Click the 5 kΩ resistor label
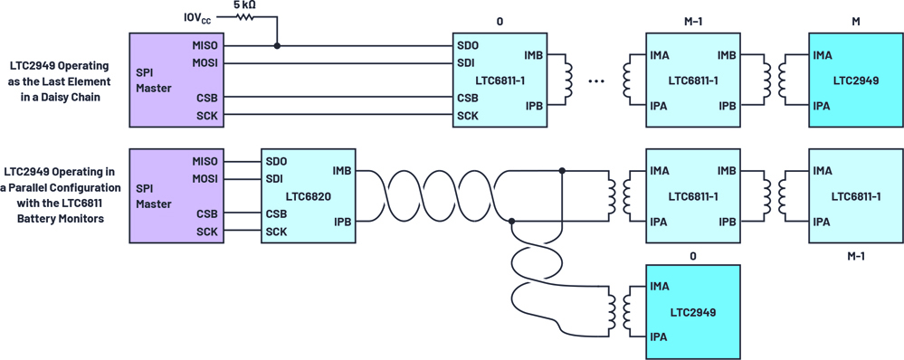coord(245,5)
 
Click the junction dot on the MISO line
coord(277,45)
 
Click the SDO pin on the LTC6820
coord(276,161)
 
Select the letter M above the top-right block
coord(855,23)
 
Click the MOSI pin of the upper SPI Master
coord(206,62)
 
